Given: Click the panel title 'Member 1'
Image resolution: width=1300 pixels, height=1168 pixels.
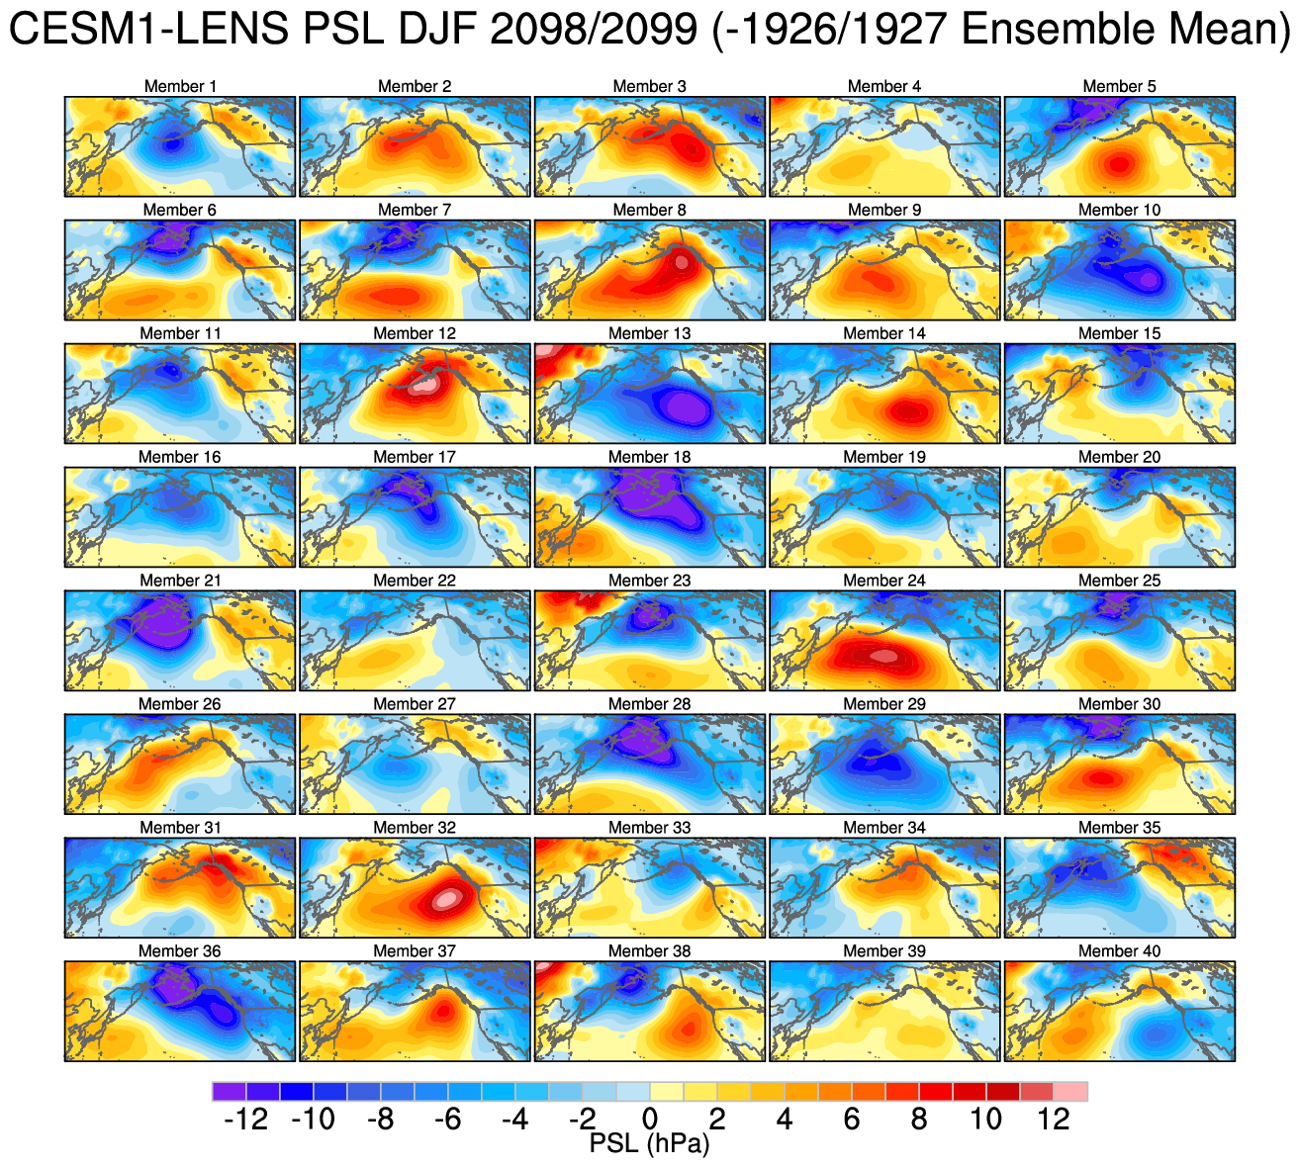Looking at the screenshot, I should [180, 87].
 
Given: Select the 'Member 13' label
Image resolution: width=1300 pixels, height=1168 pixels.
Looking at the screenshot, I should [650, 334].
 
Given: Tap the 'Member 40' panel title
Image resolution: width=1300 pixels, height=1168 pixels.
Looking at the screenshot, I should [1120, 951].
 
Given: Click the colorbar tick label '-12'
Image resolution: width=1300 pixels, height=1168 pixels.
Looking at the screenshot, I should [246, 1120].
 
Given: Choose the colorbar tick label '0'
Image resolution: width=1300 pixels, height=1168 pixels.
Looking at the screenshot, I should [650, 1120].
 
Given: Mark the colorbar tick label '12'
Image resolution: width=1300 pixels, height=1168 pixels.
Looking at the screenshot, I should [1054, 1120].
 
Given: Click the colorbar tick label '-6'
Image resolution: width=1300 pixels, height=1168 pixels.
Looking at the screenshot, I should [448, 1120].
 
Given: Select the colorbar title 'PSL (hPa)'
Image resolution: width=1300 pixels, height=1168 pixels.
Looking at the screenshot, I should [650, 1144].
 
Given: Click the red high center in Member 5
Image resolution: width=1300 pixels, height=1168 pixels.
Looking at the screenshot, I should [1119, 164].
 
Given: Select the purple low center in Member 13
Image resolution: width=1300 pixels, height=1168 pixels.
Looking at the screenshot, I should [682, 406].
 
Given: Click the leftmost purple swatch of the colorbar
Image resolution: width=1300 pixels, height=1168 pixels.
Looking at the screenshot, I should [229, 1091].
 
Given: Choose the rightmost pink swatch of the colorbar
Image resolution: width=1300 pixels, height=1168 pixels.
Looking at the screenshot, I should [1071, 1091].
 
